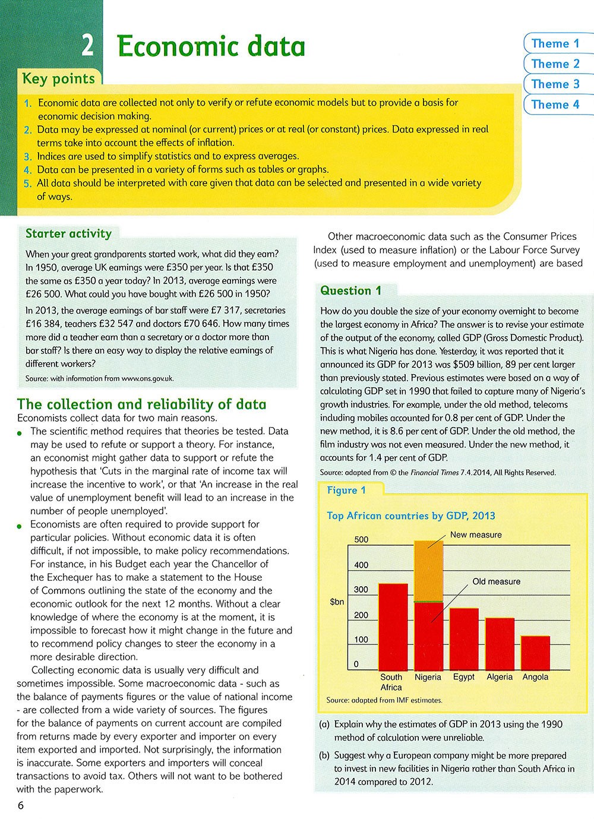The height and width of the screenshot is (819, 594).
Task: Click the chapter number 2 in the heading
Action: click(x=87, y=46)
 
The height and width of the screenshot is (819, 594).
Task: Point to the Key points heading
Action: click(x=58, y=79)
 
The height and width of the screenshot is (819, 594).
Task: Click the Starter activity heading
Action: click(x=68, y=233)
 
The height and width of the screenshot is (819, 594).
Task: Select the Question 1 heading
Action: click(x=350, y=290)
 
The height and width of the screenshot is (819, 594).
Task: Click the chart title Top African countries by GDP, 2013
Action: click(x=411, y=516)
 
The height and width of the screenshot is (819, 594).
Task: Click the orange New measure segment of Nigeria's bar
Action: click(x=428, y=571)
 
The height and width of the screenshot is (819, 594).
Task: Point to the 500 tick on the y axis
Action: click(x=361, y=539)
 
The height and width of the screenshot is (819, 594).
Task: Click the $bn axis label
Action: click(x=337, y=602)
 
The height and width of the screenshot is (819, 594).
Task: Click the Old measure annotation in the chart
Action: click(x=496, y=581)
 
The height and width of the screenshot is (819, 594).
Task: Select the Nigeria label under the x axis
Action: click(x=428, y=677)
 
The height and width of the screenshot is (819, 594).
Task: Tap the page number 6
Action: click(x=21, y=805)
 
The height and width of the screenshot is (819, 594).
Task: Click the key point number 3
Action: click(x=27, y=157)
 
